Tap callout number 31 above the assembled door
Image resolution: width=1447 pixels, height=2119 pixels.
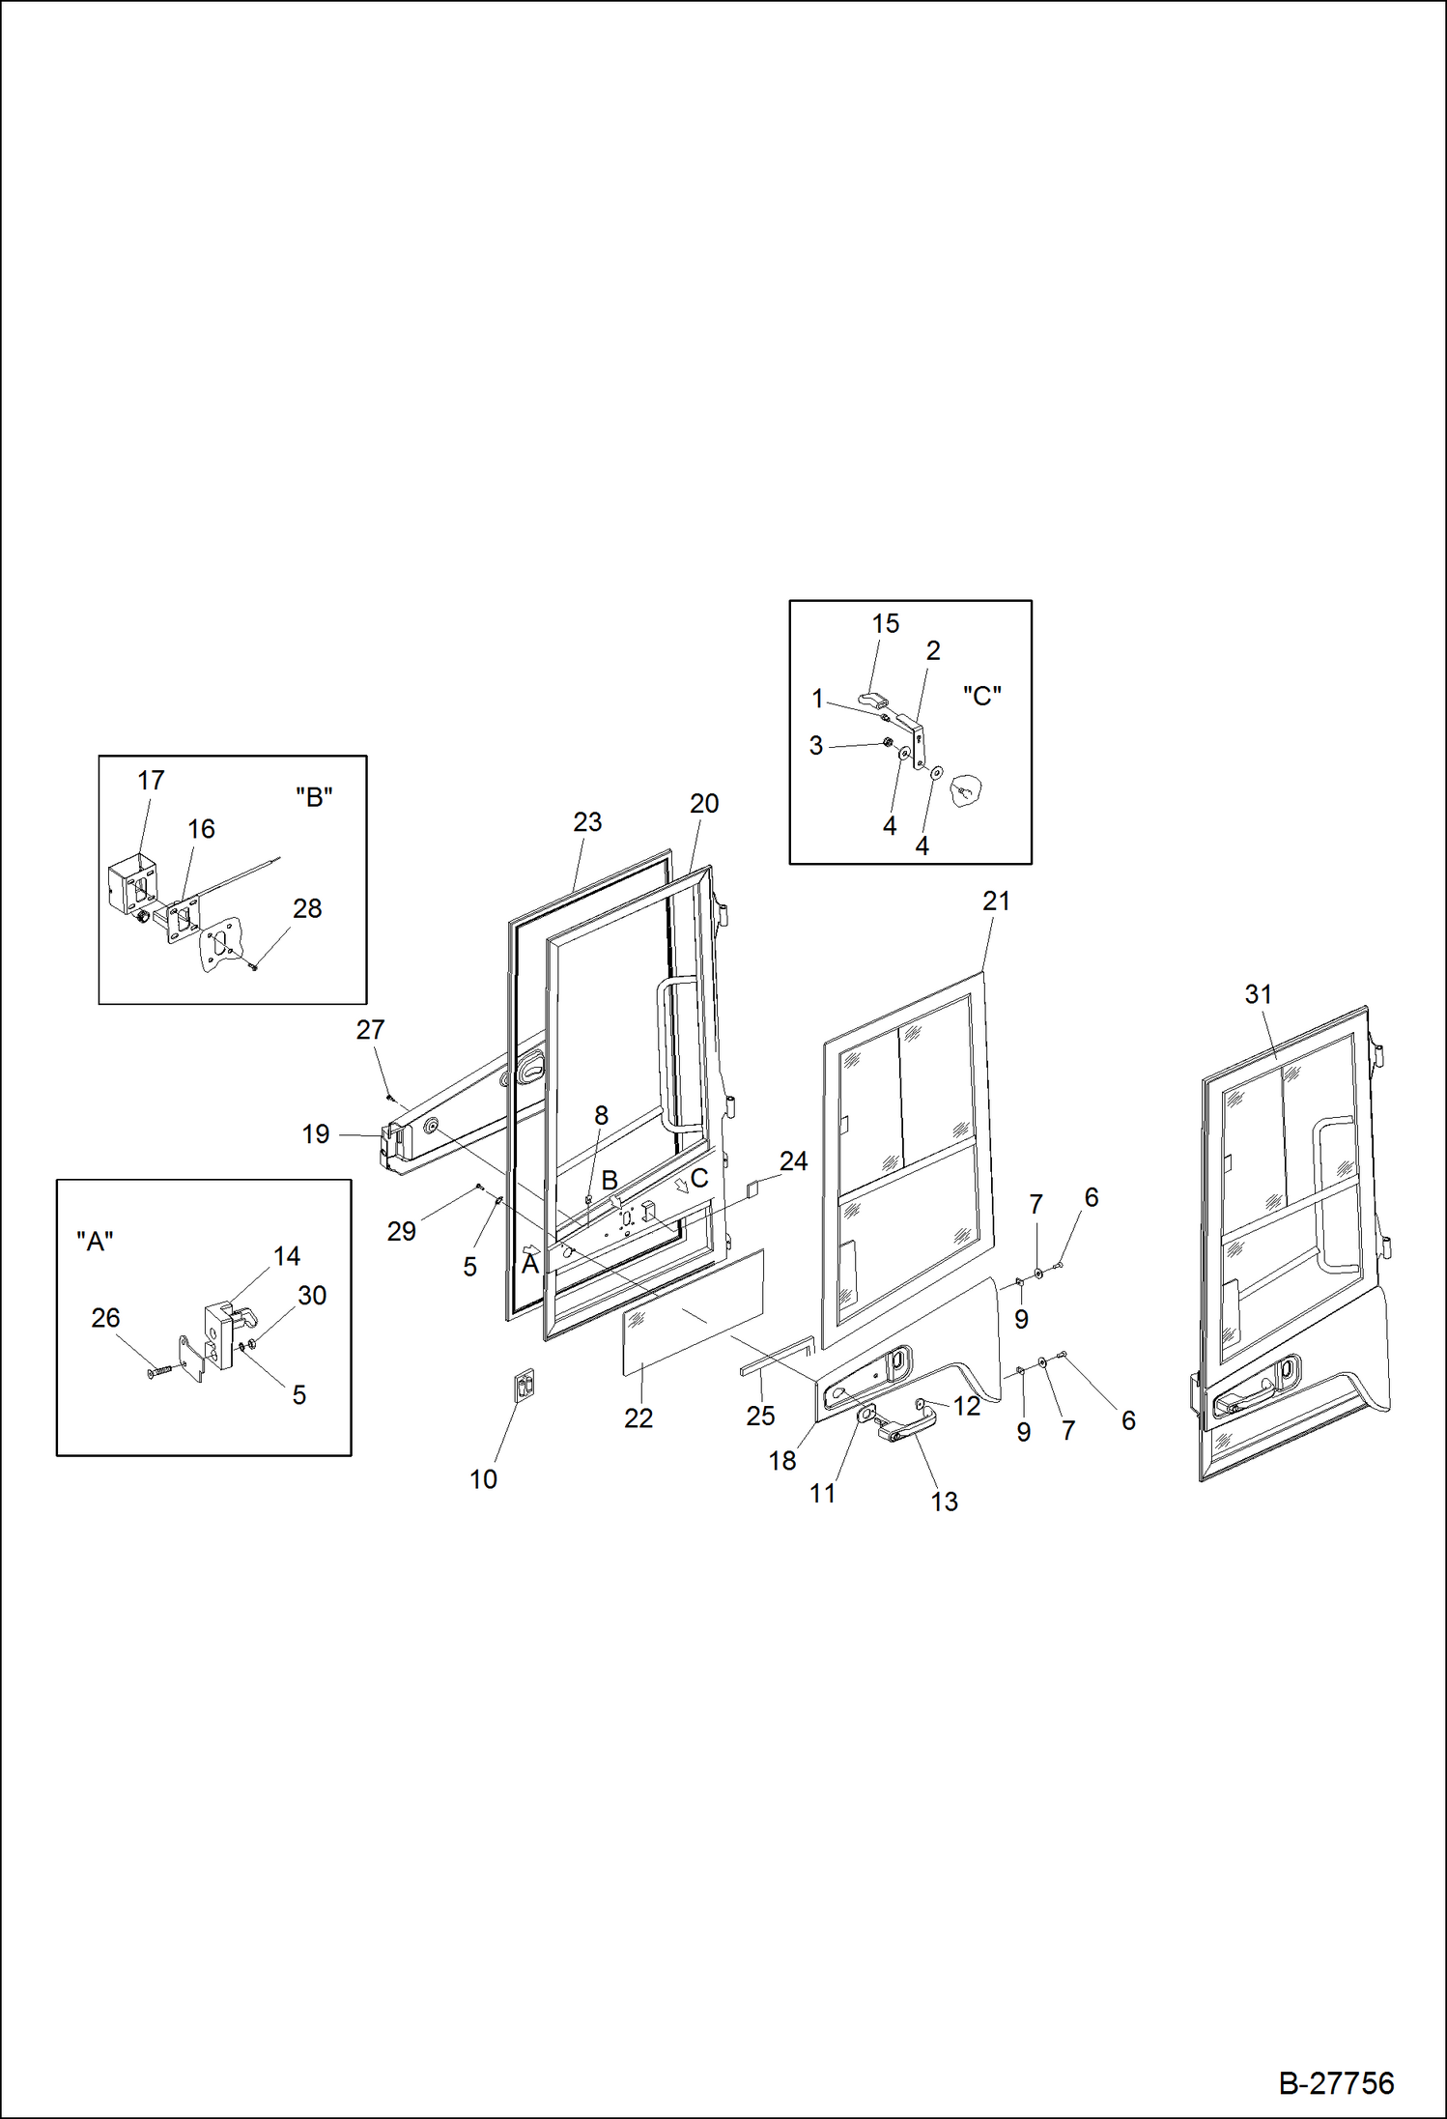click(x=1258, y=994)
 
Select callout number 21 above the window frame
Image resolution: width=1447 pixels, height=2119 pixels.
click(x=996, y=902)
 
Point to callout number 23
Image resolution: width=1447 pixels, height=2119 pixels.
click(x=587, y=822)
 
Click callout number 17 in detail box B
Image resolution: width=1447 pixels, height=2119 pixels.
click(x=151, y=781)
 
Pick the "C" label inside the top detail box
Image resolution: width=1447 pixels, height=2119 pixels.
click(x=981, y=696)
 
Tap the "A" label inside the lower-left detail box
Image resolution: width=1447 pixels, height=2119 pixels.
click(x=95, y=1242)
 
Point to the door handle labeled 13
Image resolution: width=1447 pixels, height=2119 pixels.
click(x=905, y=1426)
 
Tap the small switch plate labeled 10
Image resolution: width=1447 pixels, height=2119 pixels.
click(x=525, y=1386)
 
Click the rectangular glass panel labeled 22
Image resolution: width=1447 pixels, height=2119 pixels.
click(x=692, y=1312)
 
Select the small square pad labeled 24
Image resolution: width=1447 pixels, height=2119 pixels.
click(x=755, y=1187)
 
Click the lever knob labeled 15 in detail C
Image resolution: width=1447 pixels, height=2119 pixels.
click(x=874, y=700)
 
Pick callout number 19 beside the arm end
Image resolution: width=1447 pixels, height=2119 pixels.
click(x=316, y=1134)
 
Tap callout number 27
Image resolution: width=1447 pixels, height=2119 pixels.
click(x=370, y=1030)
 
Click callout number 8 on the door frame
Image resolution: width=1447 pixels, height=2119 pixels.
click(x=601, y=1116)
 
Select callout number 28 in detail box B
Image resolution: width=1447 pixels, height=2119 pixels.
click(x=307, y=909)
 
